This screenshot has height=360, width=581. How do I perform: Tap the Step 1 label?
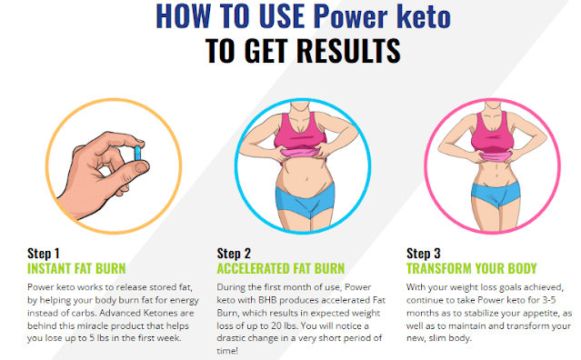click(43, 253)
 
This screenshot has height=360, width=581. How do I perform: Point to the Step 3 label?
click(423, 253)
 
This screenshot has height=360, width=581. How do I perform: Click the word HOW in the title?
click(180, 16)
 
